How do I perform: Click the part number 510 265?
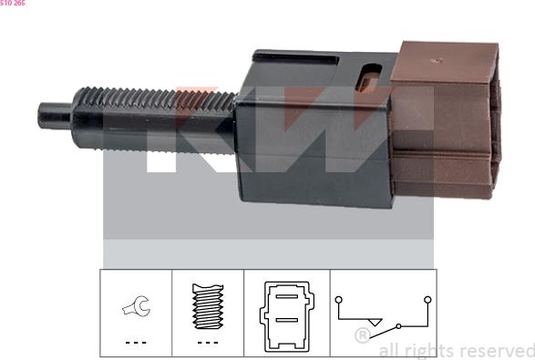[x=13, y=4]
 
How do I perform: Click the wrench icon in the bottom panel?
[x=136, y=312]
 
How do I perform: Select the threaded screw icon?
[x=208, y=308]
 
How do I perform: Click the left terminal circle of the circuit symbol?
[x=337, y=298]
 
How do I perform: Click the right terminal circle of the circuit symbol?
[x=427, y=298]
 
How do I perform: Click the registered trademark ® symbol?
[x=362, y=335]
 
